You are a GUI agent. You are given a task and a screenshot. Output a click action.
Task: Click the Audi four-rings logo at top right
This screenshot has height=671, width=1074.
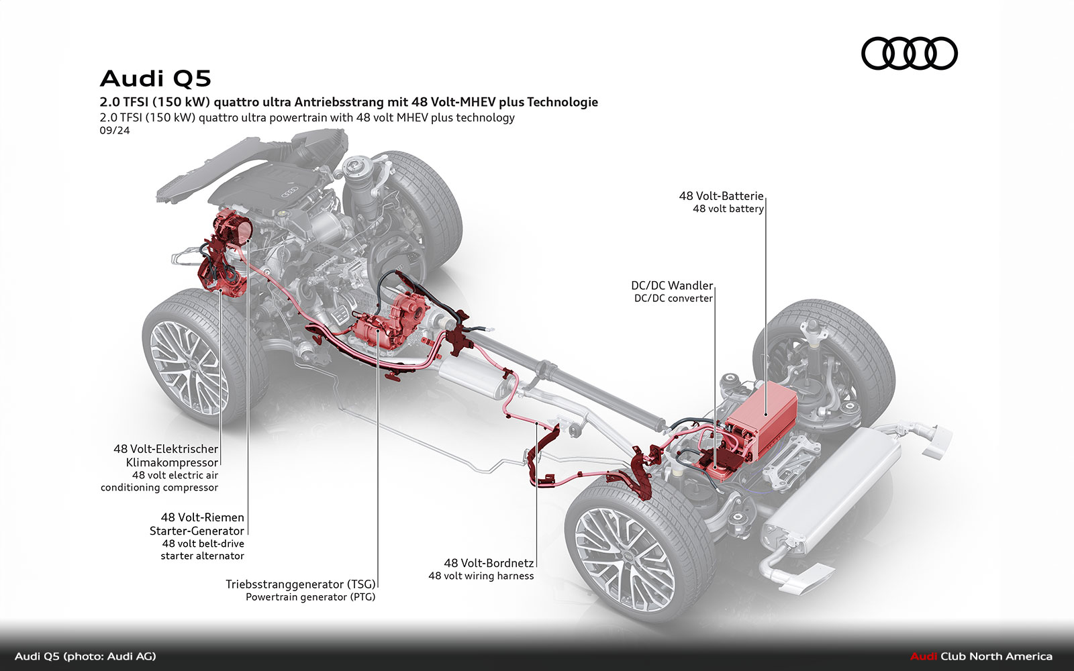(909, 54)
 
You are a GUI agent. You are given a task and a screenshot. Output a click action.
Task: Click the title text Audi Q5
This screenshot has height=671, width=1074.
(156, 79)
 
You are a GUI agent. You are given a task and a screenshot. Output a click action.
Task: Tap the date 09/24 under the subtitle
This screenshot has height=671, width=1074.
(114, 130)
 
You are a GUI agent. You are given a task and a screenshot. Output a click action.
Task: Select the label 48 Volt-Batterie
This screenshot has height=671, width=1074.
(721, 196)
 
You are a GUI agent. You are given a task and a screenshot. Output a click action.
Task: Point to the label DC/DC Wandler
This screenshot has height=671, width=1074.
(672, 286)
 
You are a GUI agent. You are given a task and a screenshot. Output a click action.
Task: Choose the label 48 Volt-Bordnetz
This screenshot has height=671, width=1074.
(489, 563)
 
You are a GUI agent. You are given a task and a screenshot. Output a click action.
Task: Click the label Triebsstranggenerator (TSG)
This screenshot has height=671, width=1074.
(300, 584)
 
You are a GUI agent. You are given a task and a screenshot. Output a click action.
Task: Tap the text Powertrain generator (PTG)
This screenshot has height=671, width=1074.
(310, 597)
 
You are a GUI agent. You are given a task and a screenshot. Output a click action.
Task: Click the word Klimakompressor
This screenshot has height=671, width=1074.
(172, 462)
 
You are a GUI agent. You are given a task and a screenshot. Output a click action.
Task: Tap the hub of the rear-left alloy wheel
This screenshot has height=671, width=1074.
(622, 556)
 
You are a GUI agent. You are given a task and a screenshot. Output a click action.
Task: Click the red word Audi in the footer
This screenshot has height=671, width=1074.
(924, 656)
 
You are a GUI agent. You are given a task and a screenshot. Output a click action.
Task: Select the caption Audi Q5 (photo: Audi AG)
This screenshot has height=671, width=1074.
(85, 656)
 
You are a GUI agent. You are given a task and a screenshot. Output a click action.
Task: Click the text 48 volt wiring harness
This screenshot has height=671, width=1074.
(481, 576)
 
